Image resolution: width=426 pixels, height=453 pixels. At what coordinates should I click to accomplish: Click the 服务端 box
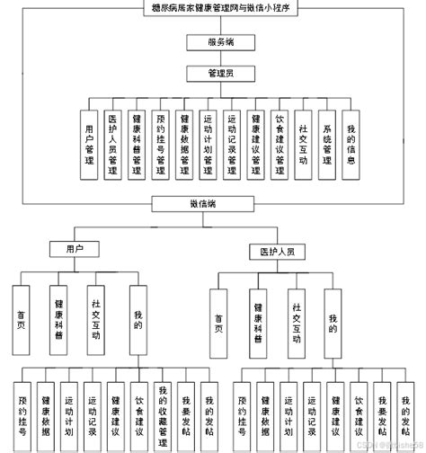(x=212, y=42)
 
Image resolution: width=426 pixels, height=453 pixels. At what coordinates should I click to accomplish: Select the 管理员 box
(x=212, y=73)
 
